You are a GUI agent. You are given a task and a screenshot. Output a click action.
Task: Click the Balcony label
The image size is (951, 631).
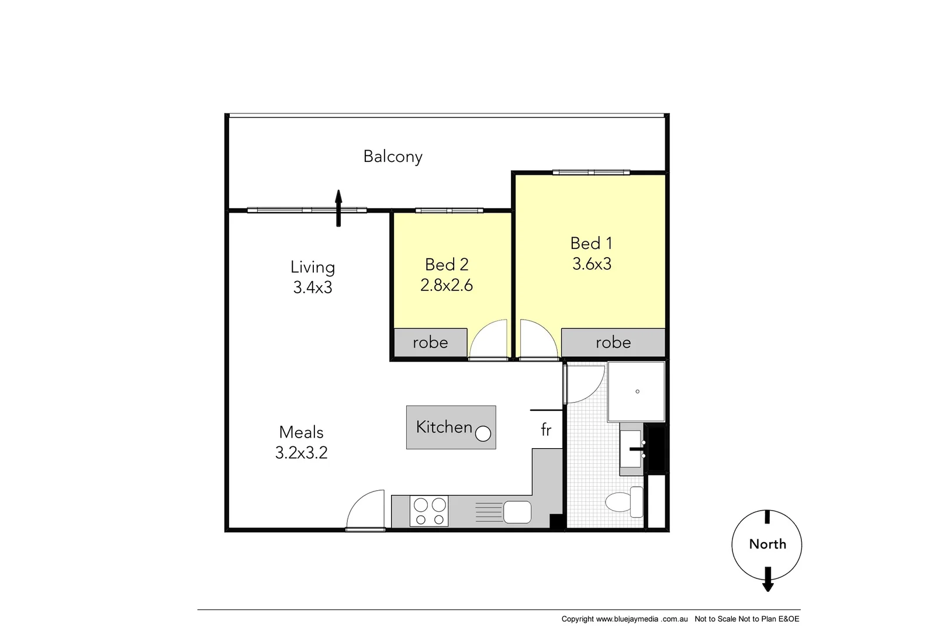[x=392, y=157]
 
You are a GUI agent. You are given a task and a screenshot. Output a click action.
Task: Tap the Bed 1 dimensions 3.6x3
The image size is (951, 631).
[x=592, y=264]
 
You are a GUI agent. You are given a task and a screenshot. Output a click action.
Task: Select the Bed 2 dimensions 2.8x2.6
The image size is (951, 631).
[x=447, y=285]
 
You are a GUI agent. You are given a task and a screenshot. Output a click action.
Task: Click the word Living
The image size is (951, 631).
[x=313, y=267]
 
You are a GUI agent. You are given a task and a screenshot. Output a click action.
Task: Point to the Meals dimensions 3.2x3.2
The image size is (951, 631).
[x=301, y=453]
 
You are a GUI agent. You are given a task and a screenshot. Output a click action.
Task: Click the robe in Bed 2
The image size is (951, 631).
[x=430, y=342]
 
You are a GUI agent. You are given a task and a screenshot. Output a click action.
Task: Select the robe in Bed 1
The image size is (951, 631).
[x=613, y=342]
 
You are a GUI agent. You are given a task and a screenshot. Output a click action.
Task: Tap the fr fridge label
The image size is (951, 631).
[x=546, y=430]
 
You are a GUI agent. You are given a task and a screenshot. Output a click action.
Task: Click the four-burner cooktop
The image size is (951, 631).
[x=429, y=511]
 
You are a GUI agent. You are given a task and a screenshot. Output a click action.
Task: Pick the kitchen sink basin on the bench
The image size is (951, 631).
[x=517, y=512]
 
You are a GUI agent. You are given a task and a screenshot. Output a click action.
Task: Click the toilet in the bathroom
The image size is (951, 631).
[x=623, y=501]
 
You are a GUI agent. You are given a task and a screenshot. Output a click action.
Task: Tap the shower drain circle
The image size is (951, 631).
[x=637, y=391]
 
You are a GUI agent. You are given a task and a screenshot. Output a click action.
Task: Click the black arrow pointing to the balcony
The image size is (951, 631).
[x=338, y=207]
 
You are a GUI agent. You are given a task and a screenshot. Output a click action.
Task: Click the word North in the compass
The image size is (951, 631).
[x=767, y=544]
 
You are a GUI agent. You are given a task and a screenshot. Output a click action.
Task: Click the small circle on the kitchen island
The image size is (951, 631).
[x=483, y=434]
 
